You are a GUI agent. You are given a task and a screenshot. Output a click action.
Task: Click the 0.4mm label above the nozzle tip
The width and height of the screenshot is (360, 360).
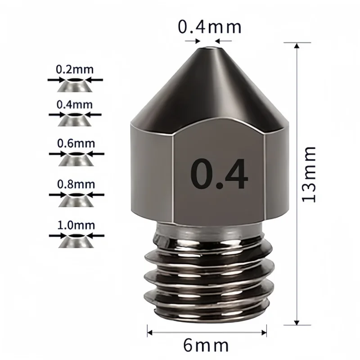pos(210,27)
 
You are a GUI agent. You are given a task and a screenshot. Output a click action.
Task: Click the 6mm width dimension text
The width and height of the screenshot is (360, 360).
pos(207,346)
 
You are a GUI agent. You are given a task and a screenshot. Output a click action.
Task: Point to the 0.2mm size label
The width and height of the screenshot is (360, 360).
pos(75,70)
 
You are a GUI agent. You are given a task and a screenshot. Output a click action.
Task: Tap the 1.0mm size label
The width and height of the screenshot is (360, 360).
pos(76,224)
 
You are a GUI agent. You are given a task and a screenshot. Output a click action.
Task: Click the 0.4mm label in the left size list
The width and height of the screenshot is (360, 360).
pos(75,104)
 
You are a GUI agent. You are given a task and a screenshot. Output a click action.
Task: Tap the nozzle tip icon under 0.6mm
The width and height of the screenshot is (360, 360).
pos(76,158)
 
